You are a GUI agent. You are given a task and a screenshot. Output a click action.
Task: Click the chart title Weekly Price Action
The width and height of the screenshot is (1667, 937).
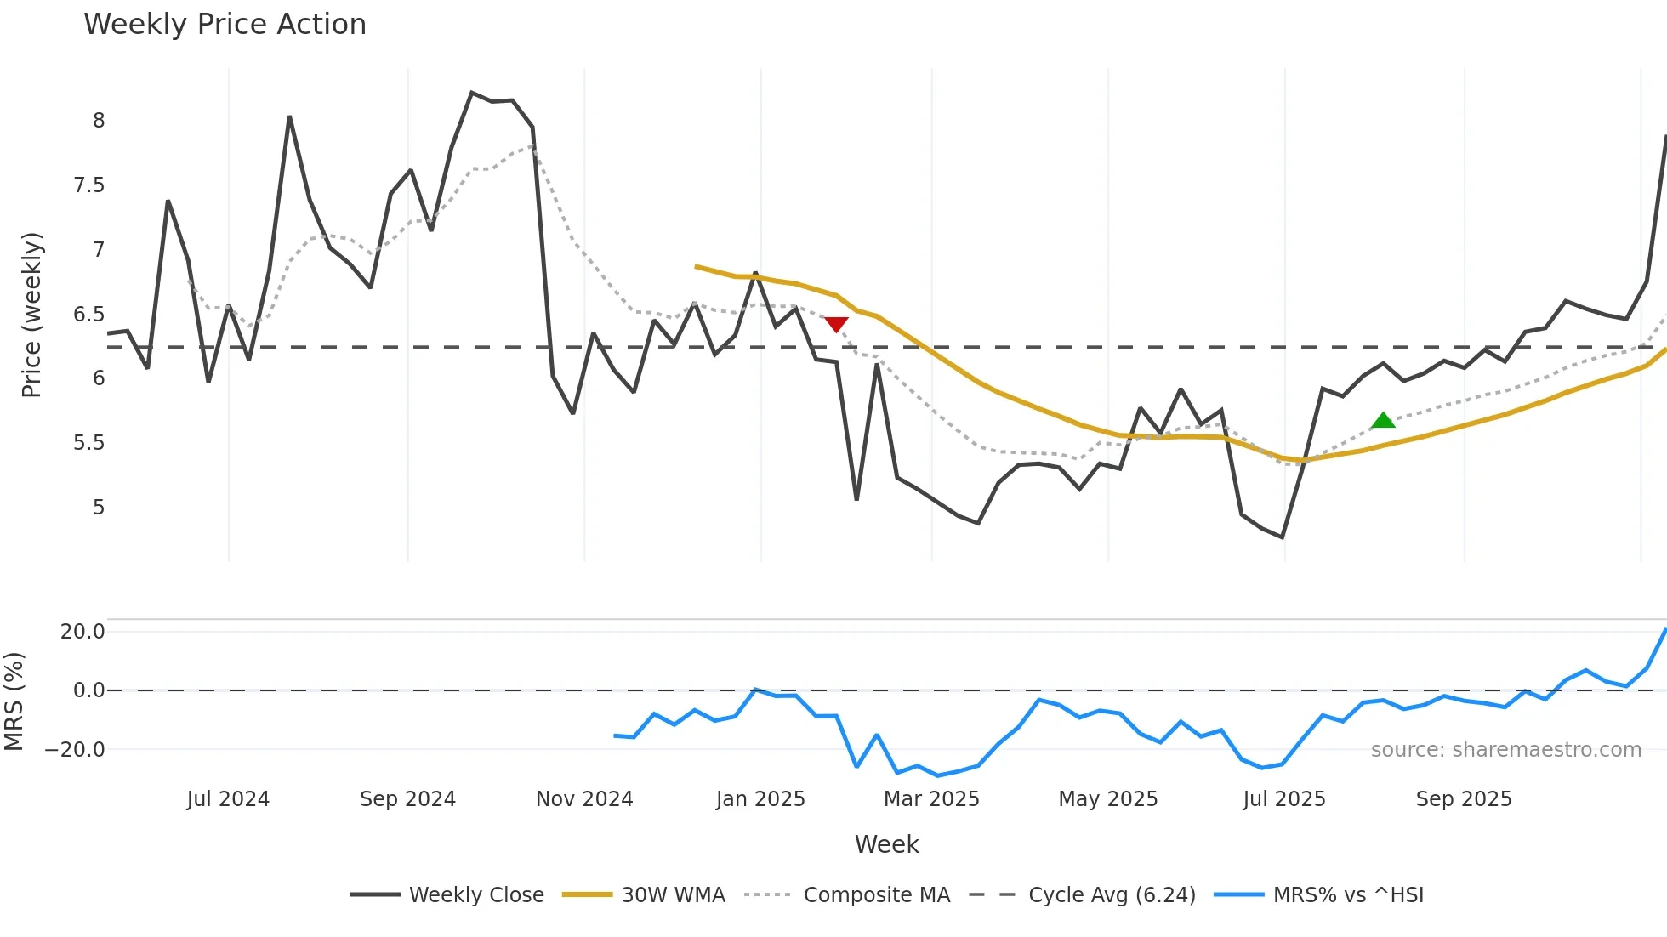(225, 25)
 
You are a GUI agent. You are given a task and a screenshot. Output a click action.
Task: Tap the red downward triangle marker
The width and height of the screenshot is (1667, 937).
(837, 325)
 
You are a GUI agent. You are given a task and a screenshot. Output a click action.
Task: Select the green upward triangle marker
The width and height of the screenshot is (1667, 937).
(1383, 420)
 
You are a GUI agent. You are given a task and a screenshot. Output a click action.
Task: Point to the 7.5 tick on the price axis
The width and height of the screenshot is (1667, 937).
(89, 185)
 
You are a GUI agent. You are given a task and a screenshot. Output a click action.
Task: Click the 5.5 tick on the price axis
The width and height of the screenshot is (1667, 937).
(89, 443)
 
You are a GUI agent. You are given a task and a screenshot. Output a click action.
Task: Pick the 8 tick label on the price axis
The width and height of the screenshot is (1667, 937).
(99, 121)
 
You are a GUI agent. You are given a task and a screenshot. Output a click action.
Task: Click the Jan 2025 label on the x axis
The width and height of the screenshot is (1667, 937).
(760, 799)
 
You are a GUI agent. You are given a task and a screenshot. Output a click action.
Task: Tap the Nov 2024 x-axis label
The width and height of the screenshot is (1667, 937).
(584, 799)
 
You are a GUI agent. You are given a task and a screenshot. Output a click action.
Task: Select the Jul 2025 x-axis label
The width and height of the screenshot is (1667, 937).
(1284, 799)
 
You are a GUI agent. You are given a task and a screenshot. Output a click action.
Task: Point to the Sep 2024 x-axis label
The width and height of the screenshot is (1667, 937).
(407, 799)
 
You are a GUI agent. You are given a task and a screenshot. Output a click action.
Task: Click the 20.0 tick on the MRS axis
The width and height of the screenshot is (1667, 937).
(82, 632)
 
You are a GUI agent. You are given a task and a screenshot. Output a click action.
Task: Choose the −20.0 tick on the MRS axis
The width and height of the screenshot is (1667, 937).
(75, 750)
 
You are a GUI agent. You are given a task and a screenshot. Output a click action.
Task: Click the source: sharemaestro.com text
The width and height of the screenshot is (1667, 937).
(1505, 750)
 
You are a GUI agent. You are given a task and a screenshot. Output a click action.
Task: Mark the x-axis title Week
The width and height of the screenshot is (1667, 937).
(886, 844)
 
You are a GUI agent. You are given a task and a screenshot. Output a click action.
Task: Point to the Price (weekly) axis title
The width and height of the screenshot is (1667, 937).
(31, 315)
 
